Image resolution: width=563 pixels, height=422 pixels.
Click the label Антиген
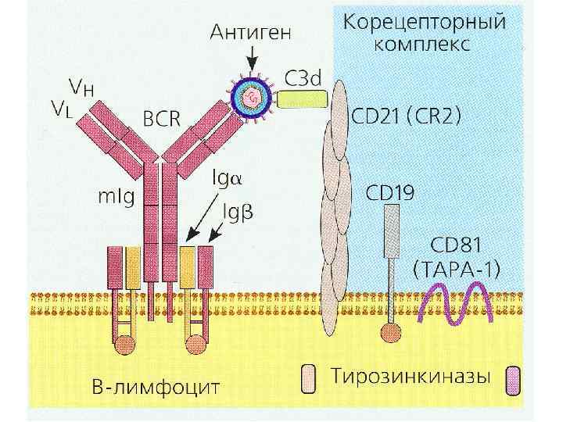pos(251,32)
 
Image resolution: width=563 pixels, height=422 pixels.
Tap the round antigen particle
pos(253,98)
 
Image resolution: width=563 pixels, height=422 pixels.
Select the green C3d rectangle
pos(301,99)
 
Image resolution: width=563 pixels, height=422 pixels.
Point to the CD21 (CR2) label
pos(407,117)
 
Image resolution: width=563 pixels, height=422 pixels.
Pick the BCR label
pos(161,118)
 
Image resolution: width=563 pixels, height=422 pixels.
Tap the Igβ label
pos(238,210)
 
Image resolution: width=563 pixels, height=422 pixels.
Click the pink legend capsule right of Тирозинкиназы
pos(514,378)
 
